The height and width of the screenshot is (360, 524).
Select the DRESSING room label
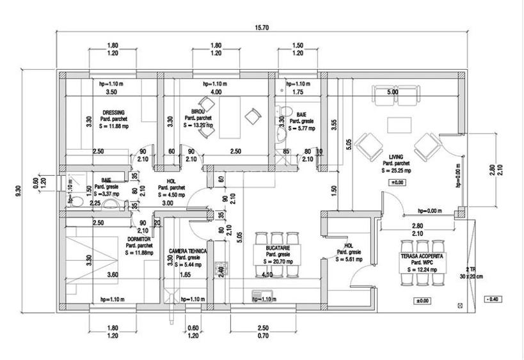(113, 113)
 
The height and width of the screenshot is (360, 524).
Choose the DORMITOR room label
(138, 239)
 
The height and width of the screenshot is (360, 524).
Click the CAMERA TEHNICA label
(187, 251)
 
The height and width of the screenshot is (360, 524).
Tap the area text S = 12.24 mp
(422, 270)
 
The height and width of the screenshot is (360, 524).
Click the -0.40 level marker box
(493, 299)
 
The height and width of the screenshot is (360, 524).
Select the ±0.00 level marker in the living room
(397, 184)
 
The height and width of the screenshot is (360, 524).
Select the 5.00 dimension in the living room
(392, 93)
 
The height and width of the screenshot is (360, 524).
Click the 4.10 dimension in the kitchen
(268, 276)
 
